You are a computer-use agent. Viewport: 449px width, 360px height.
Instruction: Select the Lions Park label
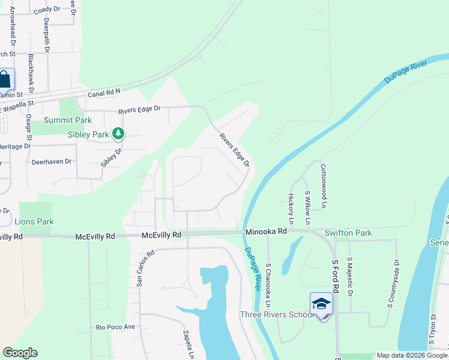pyautogui.click(x=34, y=222)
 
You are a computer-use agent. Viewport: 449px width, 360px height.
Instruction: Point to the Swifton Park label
pyautogui.click(x=348, y=233)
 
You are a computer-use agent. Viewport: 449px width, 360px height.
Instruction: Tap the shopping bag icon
pyautogui.click(x=5, y=80)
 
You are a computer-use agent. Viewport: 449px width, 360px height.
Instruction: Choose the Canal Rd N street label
pyautogui.click(x=104, y=92)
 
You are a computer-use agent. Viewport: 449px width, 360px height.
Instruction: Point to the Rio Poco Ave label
pyautogui.click(x=116, y=327)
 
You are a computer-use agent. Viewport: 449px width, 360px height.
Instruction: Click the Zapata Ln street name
pyautogui.click(x=187, y=343)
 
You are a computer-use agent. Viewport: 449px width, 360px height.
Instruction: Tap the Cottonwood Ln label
pyautogui.click(x=323, y=186)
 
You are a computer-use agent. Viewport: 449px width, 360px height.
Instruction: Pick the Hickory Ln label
pyautogui.click(x=291, y=205)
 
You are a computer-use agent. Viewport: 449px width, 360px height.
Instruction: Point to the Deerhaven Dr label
pyautogui.click(x=51, y=161)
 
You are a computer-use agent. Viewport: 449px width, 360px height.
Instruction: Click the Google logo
pyautogui.click(x=20, y=353)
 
